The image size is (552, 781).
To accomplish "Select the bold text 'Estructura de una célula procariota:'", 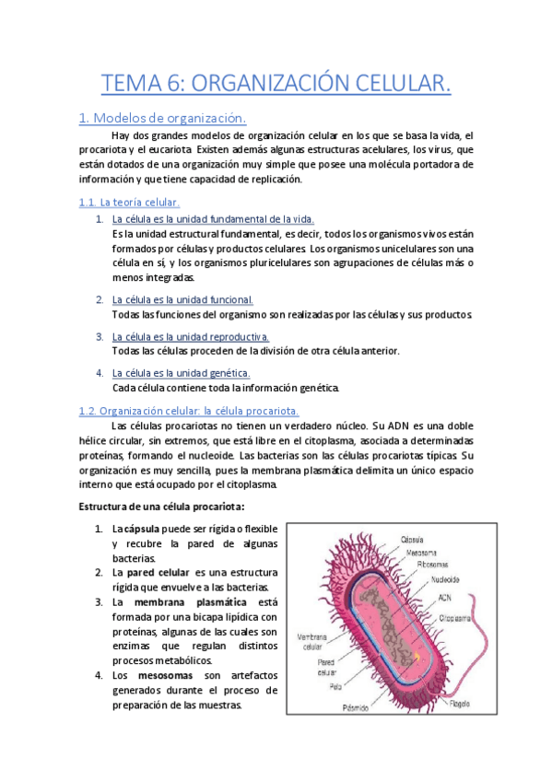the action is point(161,507).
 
